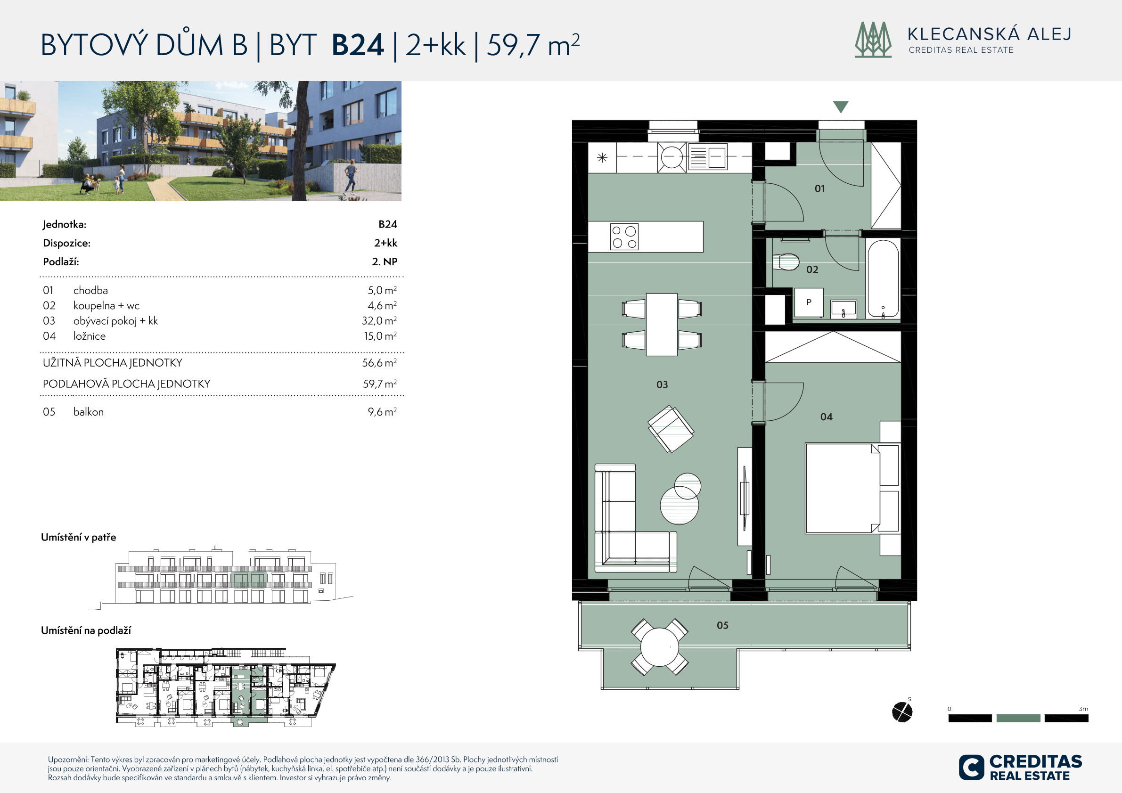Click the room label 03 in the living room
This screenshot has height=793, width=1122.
pyautogui.click(x=662, y=384)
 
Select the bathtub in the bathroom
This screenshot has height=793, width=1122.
pyautogui.click(x=883, y=278)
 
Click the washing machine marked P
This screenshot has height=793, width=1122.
pyautogui.click(x=809, y=302)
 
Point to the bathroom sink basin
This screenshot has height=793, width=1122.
pyautogui.click(x=844, y=308)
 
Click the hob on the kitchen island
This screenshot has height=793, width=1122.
pyautogui.click(x=624, y=237)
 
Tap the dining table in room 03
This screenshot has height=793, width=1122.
pyautogui.click(x=662, y=325)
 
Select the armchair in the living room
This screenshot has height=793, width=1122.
pyautogui.click(x=671, y=429)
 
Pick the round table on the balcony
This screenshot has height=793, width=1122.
pyautogui.click(x=659, y=647)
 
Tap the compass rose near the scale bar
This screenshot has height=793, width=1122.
pyautogui.click(x=901, y=712)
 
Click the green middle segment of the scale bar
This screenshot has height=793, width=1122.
pyautogui.click(x=1018, y=718)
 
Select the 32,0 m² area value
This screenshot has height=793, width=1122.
pyautogui.click(x=379, y=320)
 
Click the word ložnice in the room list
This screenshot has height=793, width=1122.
pyautogui.click(x=90, y=336)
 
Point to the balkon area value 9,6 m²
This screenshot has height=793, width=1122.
pyautogui.click(x=382, y=412)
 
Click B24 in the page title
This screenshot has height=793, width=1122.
pyautogui.click(x=358, y=45)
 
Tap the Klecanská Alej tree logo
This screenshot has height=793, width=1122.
pyautogui.click(x=873, y=40)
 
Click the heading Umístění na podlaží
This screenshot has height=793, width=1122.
pyautogui.click(x=86, y=630)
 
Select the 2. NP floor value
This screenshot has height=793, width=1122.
pyautogui.click(x=385, y=262)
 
